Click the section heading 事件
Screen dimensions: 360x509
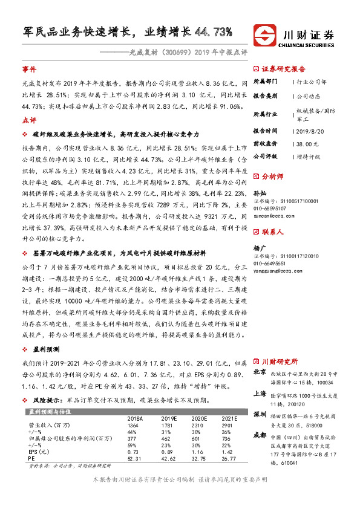click(30, 70)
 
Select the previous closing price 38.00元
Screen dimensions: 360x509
click(307, 144)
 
